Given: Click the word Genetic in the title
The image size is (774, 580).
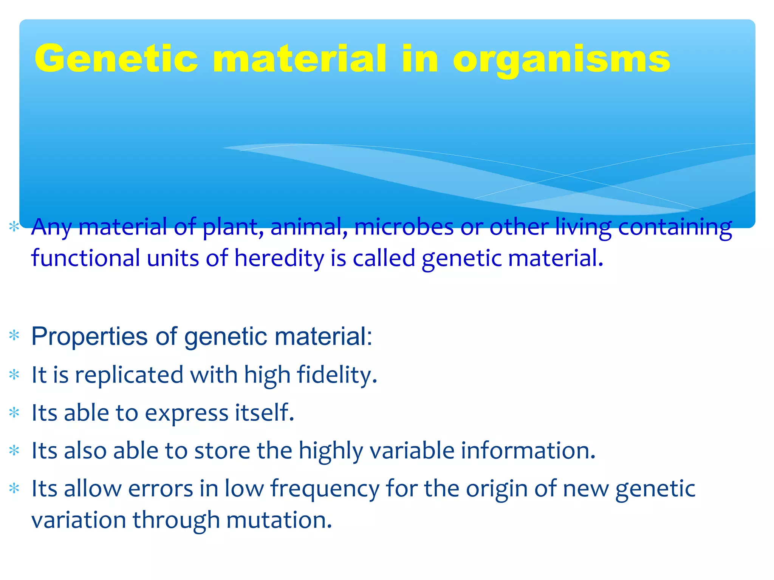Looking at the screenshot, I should (x=116, y=59).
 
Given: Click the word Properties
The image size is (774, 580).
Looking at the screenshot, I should (x=90, y=336).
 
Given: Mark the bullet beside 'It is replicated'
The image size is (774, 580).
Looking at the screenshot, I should (x=14, y=375).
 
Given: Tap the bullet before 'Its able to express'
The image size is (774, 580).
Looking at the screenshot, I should (x=14, y=413).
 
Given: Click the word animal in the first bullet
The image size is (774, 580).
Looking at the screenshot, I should (x=309, y=227).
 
